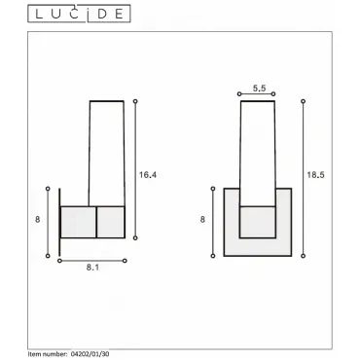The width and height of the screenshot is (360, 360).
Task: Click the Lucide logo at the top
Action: click(79, 14)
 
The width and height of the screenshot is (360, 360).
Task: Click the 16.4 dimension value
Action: click(148, 175)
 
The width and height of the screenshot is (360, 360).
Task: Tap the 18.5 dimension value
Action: click(315, 175)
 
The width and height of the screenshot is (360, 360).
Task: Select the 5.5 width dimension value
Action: click(259, 88)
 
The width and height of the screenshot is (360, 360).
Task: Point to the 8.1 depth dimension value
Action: click(92, 268)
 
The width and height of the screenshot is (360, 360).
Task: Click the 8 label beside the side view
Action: click(38, 220)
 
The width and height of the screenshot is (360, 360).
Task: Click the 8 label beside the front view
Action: click(202, 220)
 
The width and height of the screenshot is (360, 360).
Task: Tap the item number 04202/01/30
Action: click(90, 354)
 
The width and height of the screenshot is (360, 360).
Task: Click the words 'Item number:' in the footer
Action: click(48, 354)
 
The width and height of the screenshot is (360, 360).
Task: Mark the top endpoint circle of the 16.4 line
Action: click(135, 101)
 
